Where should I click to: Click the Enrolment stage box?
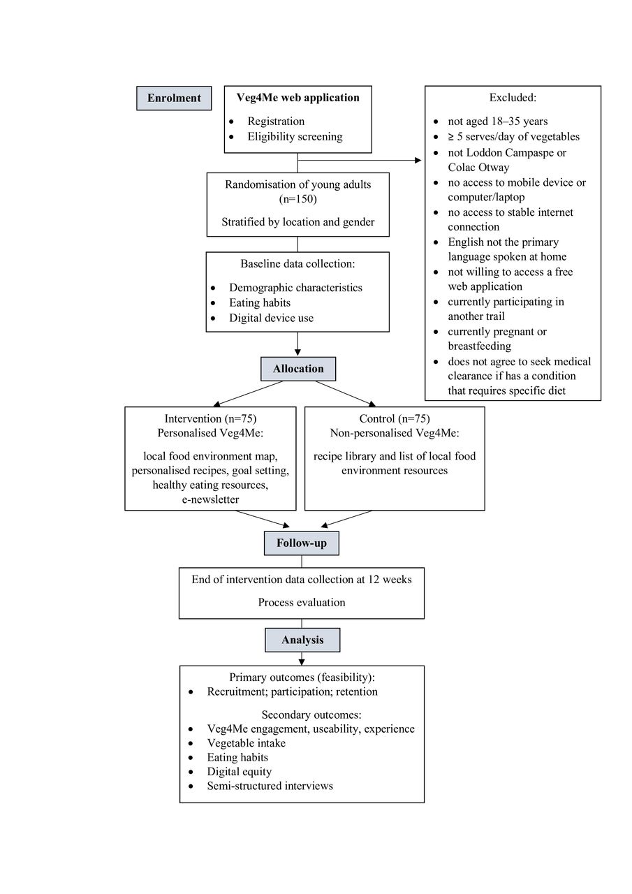coord(174,98)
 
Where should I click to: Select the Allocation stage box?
coord(298,369)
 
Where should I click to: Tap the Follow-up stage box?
coord(302,543)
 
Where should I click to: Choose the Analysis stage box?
coord(302,640)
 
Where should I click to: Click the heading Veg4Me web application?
coord(298,98)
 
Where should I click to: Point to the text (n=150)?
coord(298,199)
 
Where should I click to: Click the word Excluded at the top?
coord(513,97)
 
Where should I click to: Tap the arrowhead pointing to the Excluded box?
coord(418,161)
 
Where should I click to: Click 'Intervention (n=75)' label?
coord(210,418)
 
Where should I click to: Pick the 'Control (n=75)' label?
coord(395,418)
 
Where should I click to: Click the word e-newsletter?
coord(210,499)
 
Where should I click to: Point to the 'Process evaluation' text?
coord(302,602)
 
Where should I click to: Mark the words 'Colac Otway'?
coord(478,167)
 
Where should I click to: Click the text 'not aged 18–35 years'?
coord(497,122)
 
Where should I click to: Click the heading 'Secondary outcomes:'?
coord(311,715)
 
